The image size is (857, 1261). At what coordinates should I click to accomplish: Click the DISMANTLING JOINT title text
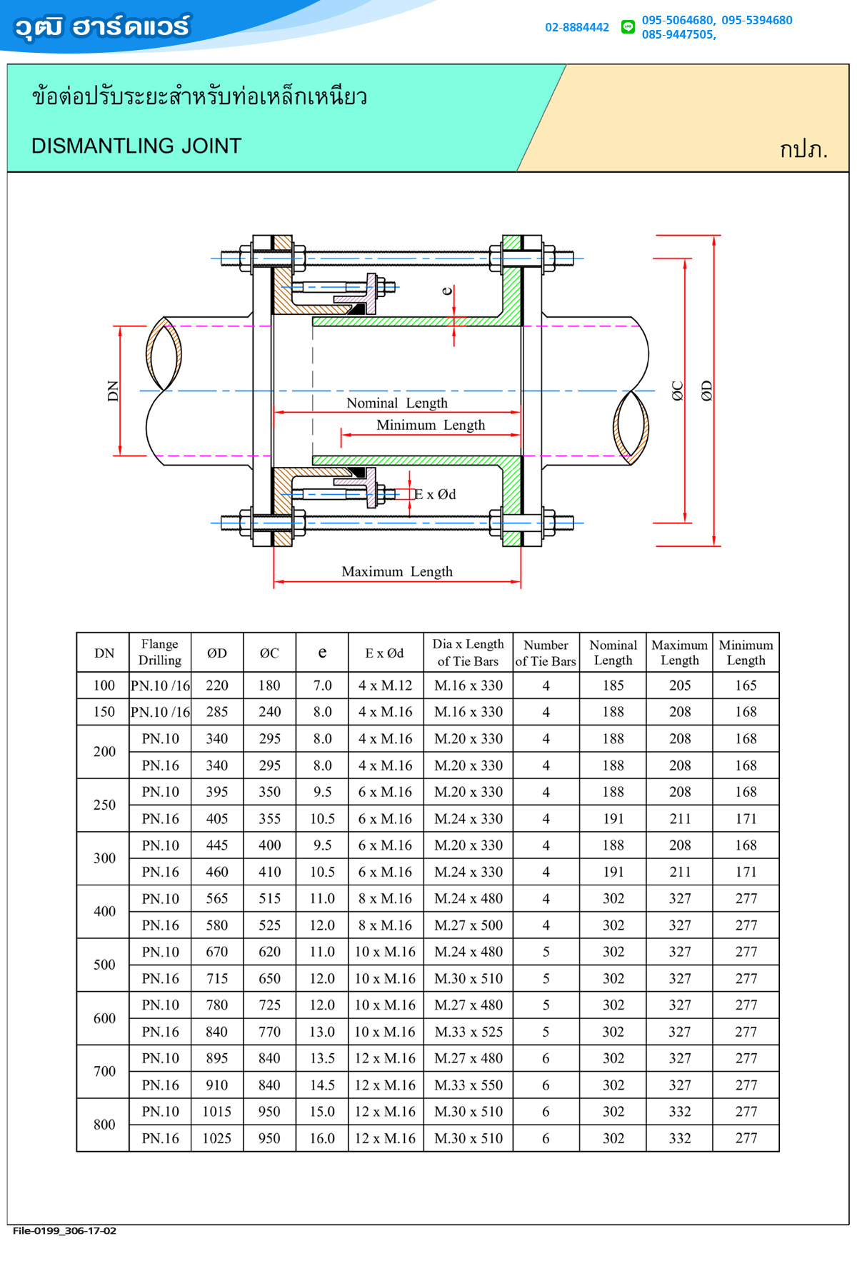(x=136, y=146)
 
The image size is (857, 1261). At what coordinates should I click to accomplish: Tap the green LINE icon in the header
(x=628, y=27)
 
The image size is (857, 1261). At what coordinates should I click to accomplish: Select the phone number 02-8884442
(x=577, y=27)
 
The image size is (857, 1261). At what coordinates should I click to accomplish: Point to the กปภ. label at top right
(x=803, y=149)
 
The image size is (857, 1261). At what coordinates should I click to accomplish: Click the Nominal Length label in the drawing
(x=397, y=403)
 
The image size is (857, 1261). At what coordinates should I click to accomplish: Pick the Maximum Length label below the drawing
(x=397, y=571)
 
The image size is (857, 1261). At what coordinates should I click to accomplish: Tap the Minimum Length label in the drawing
(x=431, y=425)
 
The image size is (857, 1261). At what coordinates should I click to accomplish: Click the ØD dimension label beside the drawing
(x=706, y=391)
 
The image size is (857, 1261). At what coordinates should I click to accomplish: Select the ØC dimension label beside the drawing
(x=677, y=391)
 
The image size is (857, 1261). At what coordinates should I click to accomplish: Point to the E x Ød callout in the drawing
(x=435, y=494)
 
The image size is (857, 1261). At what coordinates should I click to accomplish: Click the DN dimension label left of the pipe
(x=113, y=391)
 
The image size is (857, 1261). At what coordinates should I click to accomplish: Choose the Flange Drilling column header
(x=160, y=652)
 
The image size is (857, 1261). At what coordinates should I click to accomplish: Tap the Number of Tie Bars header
(x=546, y=653)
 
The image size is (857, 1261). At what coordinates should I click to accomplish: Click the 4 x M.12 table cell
(x=386, y=685)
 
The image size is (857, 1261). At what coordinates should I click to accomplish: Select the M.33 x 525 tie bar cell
(x=468, y=1032)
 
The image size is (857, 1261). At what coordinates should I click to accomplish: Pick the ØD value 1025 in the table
(x=217, y=1138)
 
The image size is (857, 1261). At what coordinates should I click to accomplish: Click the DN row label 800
(x=104, y=1125)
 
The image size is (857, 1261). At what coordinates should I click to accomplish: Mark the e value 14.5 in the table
(x=322, y=1085)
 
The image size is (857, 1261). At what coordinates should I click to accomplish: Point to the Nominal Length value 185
(x=613, y=685)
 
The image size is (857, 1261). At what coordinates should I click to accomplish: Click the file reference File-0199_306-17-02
(x=64, y=1230)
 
